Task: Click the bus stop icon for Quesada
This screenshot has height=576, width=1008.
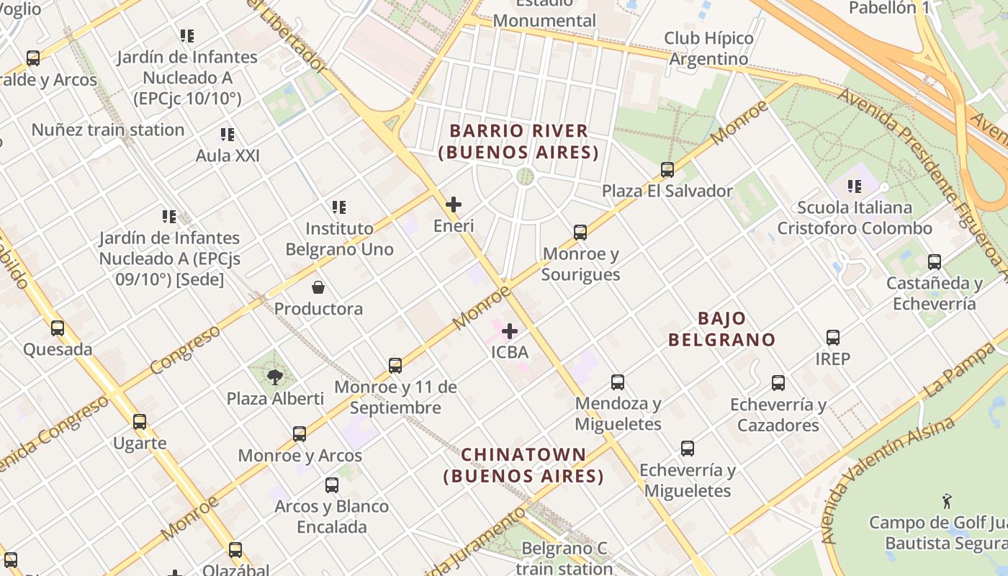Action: click(58, 328)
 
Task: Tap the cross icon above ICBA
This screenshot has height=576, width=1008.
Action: click(510, 331)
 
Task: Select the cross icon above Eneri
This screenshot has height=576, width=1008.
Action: click(454, 204)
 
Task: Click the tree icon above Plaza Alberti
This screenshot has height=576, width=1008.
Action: click(274, 377)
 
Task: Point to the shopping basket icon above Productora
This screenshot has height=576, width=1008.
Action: click(318, 287)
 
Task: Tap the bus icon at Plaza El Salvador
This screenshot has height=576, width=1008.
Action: click(667, 170)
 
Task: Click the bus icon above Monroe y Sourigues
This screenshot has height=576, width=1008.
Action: click(580, 233)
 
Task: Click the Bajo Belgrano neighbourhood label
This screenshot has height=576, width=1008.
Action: click(721, 329)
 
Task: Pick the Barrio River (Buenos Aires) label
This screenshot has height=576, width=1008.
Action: click(518, 142)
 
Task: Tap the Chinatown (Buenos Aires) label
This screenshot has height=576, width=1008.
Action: click(523, 465)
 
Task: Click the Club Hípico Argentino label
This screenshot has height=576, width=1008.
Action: click(708, 48)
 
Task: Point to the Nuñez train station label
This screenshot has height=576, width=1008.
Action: click(108, 130)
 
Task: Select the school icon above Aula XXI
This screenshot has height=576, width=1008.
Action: click(228, 134)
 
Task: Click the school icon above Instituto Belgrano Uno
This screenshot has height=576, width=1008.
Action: click(339, 207)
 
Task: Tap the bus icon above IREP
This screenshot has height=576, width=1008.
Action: click(833, 337)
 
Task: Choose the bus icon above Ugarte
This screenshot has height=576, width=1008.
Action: click(140, 422)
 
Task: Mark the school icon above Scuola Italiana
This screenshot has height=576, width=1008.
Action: click(855, 186)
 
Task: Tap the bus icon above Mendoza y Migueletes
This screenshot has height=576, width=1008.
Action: click(618, 382)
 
